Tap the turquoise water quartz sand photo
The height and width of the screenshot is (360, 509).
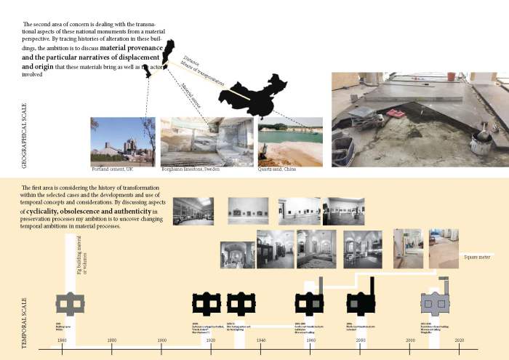(x=289, y=143)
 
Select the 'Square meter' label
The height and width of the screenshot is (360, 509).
(x=477, y=256)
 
